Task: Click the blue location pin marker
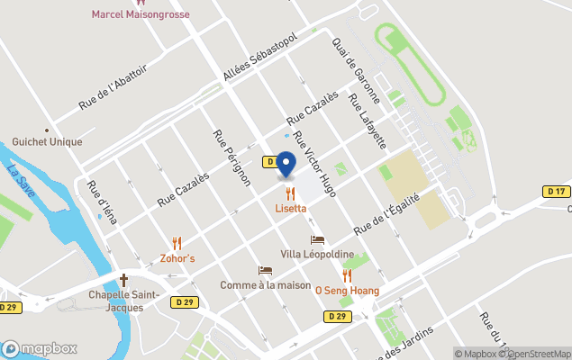click(286, 164)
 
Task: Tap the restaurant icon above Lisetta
click(290, 193)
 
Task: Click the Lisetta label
click(291, 209)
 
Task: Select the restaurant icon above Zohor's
click(177, 243)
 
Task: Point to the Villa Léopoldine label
click(316, 256)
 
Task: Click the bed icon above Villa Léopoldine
click(317, 240)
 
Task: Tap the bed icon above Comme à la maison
click(265, 270)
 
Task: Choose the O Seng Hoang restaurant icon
click(347, 275)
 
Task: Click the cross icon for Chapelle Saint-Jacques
click(124, 281)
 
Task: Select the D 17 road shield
click(557, 191)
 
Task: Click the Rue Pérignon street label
click(232, 158)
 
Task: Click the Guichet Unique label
click(47, 142)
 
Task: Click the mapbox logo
click(40, 348)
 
